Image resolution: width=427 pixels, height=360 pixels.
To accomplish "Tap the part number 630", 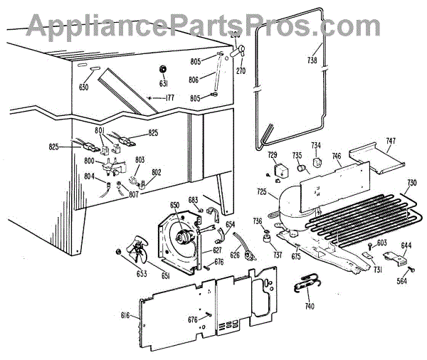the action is (x=85, y=88).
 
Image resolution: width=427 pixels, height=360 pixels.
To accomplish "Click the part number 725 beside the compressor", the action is (x=263, y=193).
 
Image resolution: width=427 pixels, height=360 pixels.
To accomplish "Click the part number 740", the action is (x=308, y=307).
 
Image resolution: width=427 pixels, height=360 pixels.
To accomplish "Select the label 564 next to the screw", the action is (x=403, y=280).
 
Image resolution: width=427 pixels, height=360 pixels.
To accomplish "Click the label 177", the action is (x=167, y=97).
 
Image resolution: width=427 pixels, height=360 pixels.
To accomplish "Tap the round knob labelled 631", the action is (x=163, y=69).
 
